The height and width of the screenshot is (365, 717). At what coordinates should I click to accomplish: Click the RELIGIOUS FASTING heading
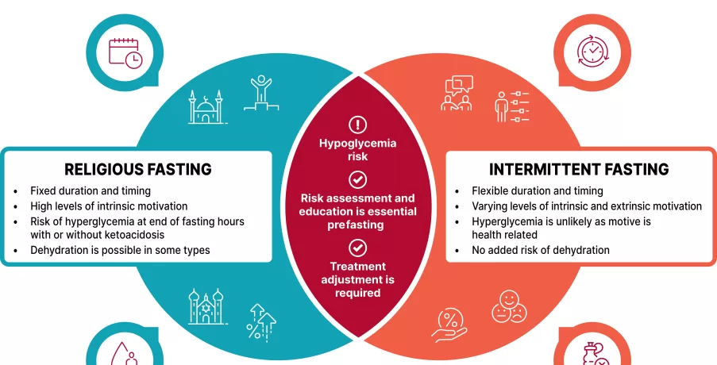pos(137,169)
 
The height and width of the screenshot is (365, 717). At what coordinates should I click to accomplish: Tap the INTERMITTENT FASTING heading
pos(578,169)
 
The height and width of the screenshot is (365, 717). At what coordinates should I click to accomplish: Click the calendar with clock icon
pos(125,52)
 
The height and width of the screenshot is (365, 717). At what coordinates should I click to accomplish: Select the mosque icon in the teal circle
pos(206,108)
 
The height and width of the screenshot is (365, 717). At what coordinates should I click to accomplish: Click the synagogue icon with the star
pos(206,306)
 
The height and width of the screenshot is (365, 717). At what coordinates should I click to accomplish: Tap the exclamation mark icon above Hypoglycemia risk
pos(358,124)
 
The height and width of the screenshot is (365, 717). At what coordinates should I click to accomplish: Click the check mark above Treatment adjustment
pos(358,247)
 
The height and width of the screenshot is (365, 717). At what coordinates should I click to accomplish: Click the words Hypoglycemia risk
pos(357,150)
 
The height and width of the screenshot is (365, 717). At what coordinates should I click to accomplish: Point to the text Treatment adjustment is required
pos(357,279)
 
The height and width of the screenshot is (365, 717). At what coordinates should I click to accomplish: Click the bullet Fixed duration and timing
pos(91,191)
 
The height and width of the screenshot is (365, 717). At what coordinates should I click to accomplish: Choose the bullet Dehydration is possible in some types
pos(120,251)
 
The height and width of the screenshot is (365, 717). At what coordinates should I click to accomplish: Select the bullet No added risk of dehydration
pos(540,250)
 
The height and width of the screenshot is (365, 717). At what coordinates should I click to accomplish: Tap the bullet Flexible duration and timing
pos(537,191)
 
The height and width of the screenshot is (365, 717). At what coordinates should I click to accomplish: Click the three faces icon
pos(508,305)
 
